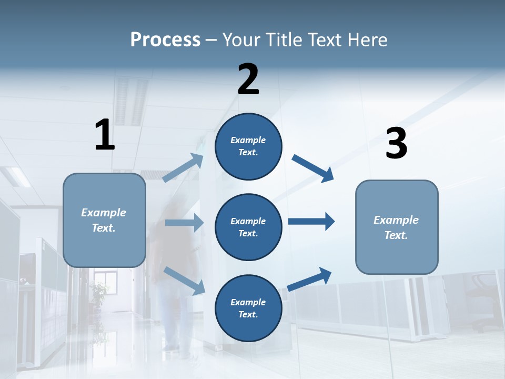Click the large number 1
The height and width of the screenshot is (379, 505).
105,135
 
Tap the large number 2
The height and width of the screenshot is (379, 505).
248,79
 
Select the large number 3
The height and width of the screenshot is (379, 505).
396,144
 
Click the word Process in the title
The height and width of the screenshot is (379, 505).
165,39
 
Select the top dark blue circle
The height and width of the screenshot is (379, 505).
248,146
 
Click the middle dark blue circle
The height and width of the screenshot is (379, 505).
248,227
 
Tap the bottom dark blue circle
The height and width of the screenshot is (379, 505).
248,308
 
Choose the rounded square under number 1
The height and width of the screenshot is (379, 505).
104,220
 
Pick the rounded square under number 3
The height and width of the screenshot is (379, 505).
397,227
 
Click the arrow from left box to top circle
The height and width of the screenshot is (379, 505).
184,167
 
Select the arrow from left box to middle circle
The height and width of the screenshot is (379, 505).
184,223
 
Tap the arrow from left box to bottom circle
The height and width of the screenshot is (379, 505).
184,281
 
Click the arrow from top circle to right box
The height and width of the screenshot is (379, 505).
313,168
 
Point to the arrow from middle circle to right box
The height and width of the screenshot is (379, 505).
311,221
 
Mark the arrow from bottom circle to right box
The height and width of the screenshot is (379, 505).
309,280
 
